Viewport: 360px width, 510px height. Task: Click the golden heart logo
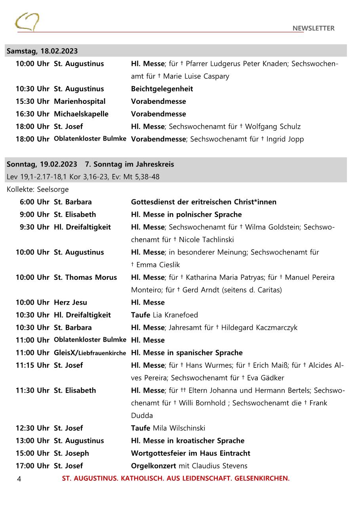[x=27, y=22]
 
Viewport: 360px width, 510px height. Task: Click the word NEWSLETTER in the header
[x=313, y=28]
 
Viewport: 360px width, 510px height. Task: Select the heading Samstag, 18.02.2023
[x=42, y=51]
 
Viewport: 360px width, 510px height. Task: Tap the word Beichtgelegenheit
[x=162, y=89]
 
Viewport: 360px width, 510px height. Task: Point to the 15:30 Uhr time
[x=32, y=101]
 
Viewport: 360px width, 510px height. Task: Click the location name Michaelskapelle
[x=81, y=114]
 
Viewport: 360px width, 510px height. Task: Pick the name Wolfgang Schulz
[x=273, y=127]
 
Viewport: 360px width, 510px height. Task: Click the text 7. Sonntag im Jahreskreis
[x=129, y=164]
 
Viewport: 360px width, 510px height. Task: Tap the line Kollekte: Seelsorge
[x=38, y=189]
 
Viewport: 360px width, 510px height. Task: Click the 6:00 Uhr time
[x=34, y=202]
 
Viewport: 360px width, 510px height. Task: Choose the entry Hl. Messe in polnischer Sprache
[x=186, y=215]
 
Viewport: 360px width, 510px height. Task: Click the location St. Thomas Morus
[x=85, y=277]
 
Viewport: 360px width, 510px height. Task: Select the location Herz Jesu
[x=70, y=303]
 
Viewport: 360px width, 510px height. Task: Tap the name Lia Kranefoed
[x=175, y=315]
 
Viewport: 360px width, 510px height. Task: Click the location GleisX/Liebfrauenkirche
[x=90, y=353]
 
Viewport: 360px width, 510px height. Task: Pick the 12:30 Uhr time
[x=32, y=428]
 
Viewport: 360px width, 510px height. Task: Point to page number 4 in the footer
[x=19, y=479]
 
